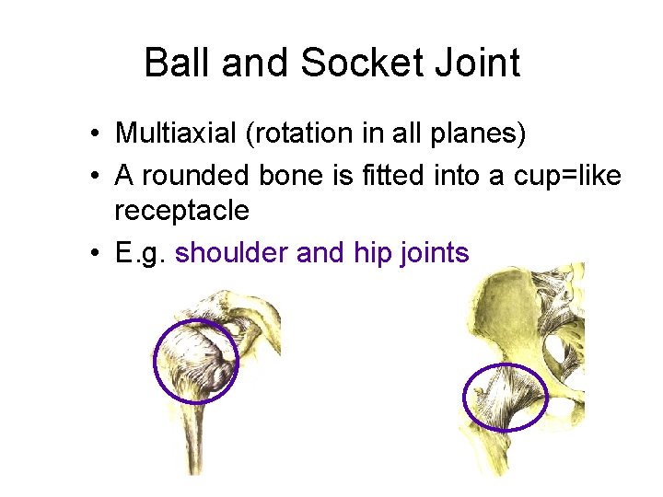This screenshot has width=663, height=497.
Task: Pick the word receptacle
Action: [181, 211]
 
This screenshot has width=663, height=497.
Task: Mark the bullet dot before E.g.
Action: [95, 252]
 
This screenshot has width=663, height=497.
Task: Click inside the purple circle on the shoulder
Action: [195, 362]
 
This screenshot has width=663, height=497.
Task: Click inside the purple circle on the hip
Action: [505, 397]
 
